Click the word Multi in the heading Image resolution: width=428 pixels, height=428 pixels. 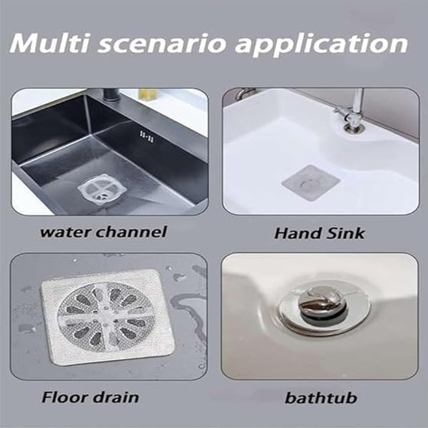pos(49,44)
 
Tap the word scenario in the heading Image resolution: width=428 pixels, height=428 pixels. pos(162,44)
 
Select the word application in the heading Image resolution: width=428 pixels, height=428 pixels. pos(322,46)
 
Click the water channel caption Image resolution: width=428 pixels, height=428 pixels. pos(103,232)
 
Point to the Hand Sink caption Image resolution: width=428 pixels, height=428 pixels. pos(320,233)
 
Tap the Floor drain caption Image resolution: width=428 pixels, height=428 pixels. pos(90,397)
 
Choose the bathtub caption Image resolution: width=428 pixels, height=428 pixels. pos(321,398)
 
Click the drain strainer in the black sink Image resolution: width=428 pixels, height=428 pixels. pos(102,189)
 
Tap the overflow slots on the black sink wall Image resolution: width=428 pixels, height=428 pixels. pos(147,136)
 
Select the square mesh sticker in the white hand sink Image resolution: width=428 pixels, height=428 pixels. pos(311,183)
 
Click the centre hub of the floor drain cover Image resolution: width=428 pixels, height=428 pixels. pos(105,317)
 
